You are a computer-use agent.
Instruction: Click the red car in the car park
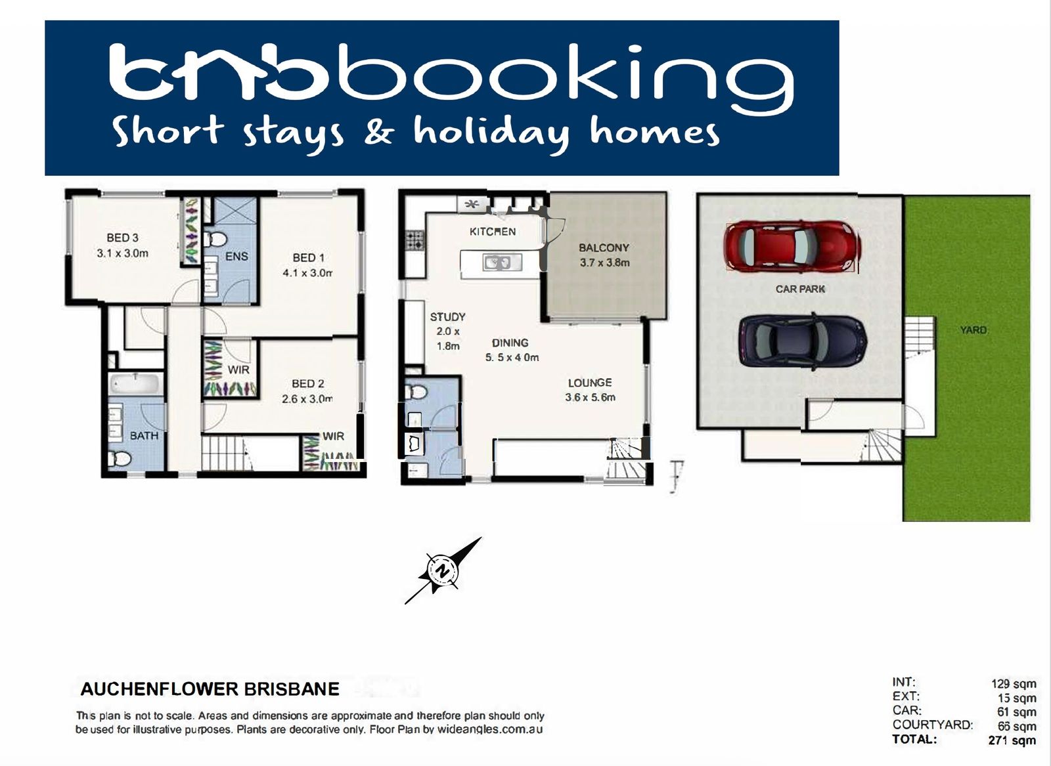tap(792, 247)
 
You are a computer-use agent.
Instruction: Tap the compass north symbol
tap(443, 570)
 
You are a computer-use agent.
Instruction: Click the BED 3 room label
tap(122, 238)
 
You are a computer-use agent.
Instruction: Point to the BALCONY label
tap(604, 247)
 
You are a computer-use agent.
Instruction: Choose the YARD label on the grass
tap(973, 330)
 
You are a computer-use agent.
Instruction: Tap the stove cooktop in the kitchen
tap(414, 240)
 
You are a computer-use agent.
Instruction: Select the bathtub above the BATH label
tap(136, 384)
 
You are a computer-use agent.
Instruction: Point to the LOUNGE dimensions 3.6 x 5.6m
tap(591, 398)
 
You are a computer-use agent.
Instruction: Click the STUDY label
tap(447, 317)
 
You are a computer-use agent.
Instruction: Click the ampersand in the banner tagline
tap(379, 132)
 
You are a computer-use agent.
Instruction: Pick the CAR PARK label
tap(800, 289)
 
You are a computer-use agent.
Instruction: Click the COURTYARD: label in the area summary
tap(933, 725)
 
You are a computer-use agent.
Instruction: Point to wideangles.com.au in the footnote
tap(490, 729)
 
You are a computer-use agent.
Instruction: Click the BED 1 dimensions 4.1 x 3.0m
tap(308, 273)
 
